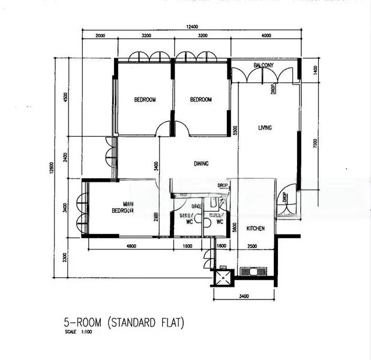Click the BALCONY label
pos(264,65)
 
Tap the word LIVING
pos(265,128)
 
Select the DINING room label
pos(201,163)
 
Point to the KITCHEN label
pos(256,229)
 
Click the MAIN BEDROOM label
pos(122,207)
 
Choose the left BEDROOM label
pos(145,100)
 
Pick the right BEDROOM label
pos(201,100)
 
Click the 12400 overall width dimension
pos(192,26)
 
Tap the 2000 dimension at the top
pos(100,36)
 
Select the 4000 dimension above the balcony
pos(266,36)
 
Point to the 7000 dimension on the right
pos(314,144)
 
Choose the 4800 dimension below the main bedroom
pos(131,246)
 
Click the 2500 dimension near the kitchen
pos(252,246)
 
